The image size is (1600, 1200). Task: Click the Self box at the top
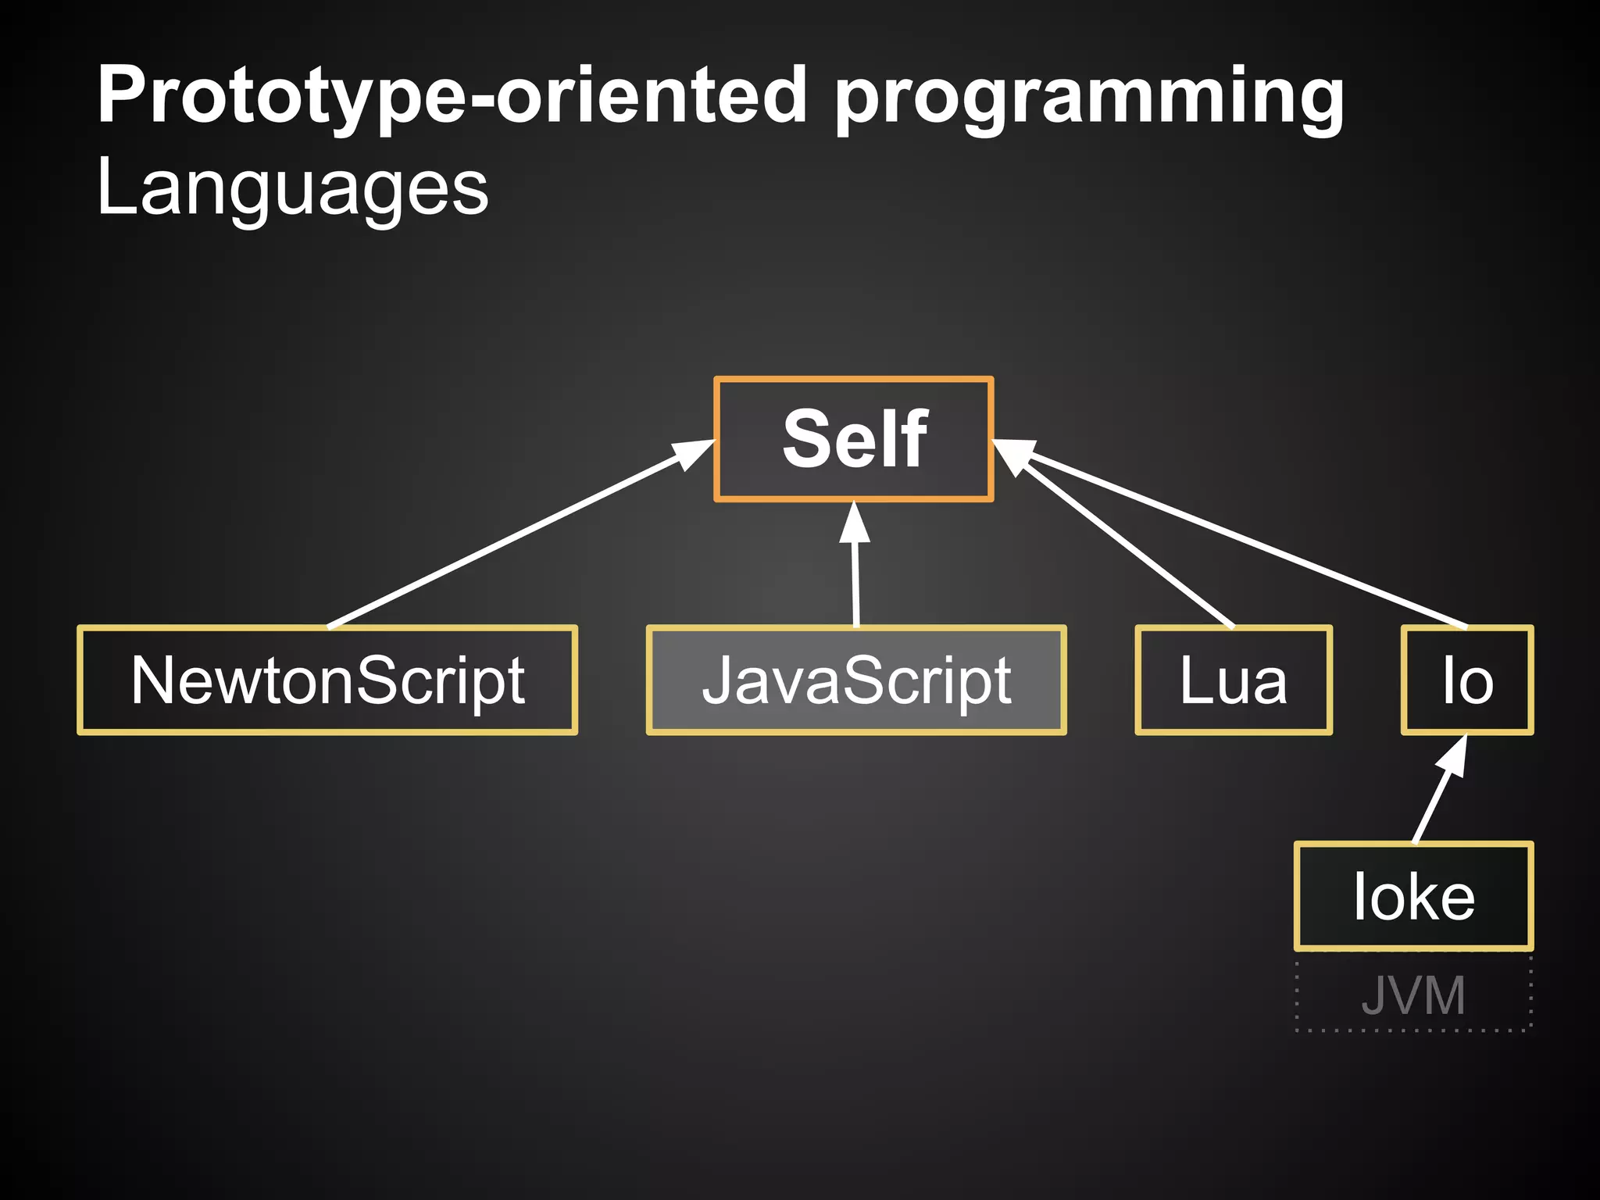tap(854, 438)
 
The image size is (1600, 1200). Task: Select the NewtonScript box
tap(327, 680)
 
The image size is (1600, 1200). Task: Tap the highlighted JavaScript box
tap(856, 680)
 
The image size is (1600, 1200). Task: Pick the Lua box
tap(1233, 680)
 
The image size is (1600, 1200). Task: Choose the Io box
tap(1467, 680)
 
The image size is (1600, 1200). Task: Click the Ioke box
tap(1413, 896)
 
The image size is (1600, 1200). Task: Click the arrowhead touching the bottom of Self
tap(855, 522)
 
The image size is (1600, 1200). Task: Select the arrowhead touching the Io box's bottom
tap(1453, 755)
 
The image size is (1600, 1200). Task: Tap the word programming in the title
tap(1090, 98)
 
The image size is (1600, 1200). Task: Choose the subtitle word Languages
tap(292, 187)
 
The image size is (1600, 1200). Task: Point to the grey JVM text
tap(1413, 995)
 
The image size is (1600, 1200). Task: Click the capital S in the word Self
tap(807, 439)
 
